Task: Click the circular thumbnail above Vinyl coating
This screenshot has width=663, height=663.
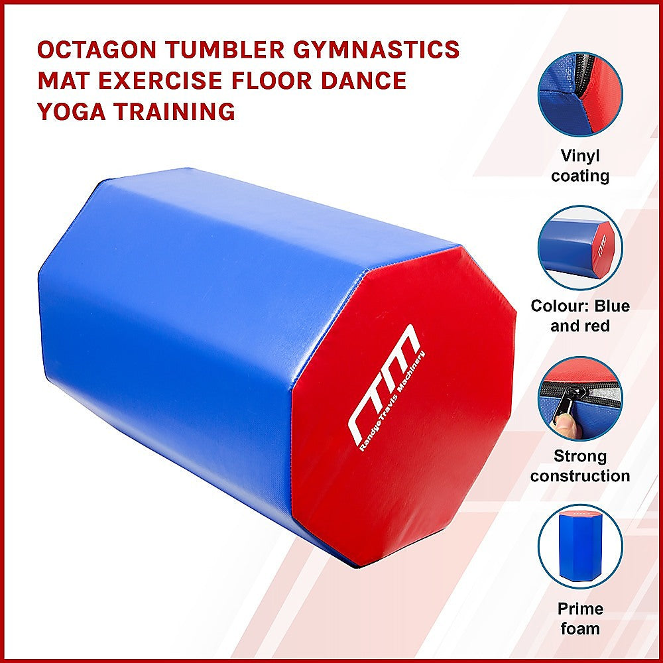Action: pyautogui.click(x=579, y=94)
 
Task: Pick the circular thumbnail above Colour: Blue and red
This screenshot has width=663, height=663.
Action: pyautogui.click(x=579, y=247)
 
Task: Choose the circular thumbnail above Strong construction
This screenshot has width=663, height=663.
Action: pyautogui.click(x=579, y=398)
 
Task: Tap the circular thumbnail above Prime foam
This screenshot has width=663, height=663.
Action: pyautogui.click(x=579, y=546)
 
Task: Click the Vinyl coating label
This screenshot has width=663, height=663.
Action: pyautogui.click(x=580, y=166)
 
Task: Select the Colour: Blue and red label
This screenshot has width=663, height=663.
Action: pyautogui.click(x=580, y=316)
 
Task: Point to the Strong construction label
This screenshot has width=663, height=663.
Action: pyautogui.click(x=580, y=466)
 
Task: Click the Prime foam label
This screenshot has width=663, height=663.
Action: pyautogui.click(x=580, y=619)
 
